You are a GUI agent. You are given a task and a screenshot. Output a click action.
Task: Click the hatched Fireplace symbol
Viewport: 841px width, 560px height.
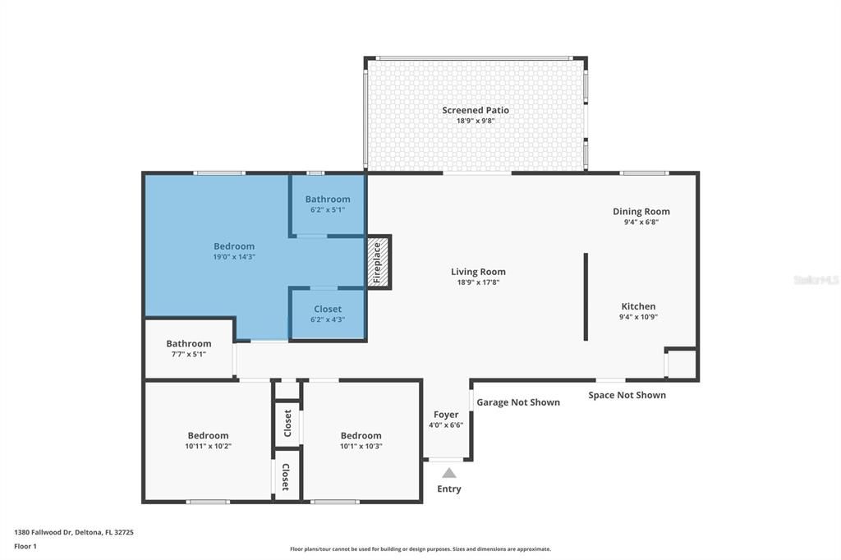[x=378, y=262]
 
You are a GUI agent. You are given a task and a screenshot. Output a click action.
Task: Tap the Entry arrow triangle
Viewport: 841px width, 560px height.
[x=448, y=473]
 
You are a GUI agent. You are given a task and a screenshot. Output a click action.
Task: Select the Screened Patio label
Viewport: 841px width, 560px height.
[x=476, y=110]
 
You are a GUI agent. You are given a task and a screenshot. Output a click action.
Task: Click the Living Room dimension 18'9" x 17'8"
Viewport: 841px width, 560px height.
[x=478, y=282]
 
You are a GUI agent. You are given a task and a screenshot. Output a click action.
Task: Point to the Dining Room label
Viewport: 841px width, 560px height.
[x=641, y=212]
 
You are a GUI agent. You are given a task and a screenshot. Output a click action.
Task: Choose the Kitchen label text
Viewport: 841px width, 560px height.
[x=638, y=306]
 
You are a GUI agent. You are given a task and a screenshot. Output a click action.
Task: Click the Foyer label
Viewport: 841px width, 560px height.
[x=446, y=415]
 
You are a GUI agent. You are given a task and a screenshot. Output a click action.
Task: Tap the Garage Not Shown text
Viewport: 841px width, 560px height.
[x=518, y=402]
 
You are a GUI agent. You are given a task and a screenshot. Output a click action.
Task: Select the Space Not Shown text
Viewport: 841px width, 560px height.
[x=627, y=395]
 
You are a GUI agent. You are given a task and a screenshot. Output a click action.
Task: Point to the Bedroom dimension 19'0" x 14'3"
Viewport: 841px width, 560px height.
[x=234, y=257]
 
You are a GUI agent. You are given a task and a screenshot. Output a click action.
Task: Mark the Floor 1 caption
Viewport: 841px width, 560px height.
[x=25, y=546]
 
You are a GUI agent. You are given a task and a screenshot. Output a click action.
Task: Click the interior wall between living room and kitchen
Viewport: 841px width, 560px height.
[x=586, y=296]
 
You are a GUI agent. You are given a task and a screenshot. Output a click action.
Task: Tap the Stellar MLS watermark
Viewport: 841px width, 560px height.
[x=816, y=280]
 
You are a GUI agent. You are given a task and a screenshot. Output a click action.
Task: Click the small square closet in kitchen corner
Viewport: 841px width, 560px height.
[x=681, y=363]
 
